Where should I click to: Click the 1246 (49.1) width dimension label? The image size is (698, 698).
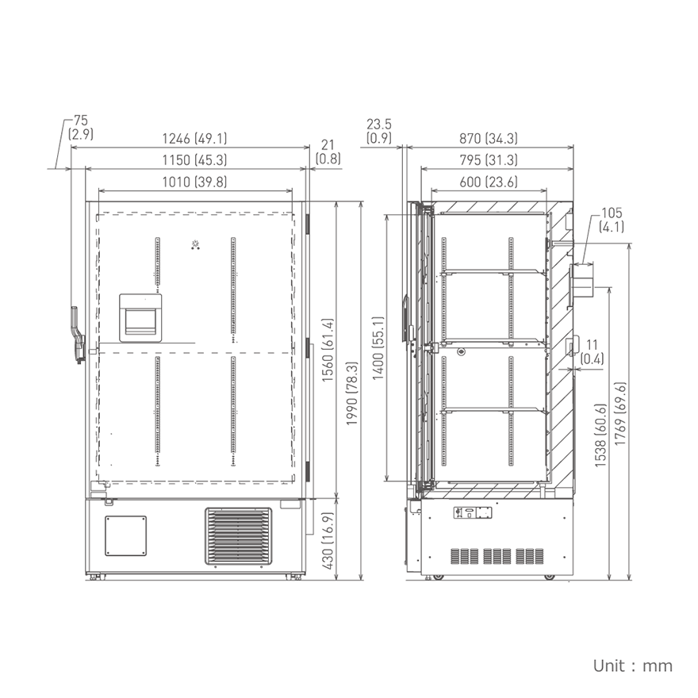(x=194, y=138)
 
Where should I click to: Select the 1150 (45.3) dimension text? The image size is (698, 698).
(x=194, y=160)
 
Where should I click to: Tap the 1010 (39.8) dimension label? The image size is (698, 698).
(x=194, y=182)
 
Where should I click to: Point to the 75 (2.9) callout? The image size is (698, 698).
(x=80, y=127)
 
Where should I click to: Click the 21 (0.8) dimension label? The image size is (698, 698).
(x=328, y=151)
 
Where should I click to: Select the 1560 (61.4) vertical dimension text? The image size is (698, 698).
(x=327, y=349)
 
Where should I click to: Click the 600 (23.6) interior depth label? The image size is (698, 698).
(x=488, y=182)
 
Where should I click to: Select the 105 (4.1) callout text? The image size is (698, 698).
(x=612, y=220)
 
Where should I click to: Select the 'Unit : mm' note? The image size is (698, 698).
(x=632, y=665)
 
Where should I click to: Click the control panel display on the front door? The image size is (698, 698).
(x=141, y=318)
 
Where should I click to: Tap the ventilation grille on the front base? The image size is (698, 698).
(x=238, y=535)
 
